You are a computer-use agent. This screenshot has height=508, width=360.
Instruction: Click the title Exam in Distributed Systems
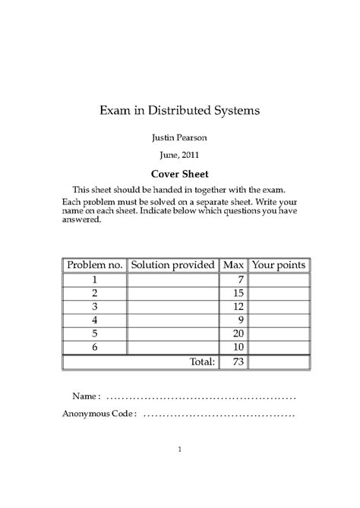pyautogui.click(x=180, y=110)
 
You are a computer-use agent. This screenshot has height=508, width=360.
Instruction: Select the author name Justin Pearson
pyautogui.click(x=180, y=138)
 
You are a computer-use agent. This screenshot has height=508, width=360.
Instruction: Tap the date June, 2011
pyautogui.click(x=180, y=155)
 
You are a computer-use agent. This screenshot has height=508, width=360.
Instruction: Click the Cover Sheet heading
pyautogui.click(x=180, y=173)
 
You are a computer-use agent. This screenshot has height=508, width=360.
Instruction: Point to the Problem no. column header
pyautogui.click(x=94, y=265)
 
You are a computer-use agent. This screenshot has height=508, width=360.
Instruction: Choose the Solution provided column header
pyautogui.click(x=172, y=265)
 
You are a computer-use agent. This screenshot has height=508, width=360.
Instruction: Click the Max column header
pyautogui.click(x=233, y=265)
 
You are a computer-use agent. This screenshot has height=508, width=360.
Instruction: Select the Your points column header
pyautogui.click(x=279, y=265)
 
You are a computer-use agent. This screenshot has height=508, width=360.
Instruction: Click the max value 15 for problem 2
pyautogui.click(x=237, y=293)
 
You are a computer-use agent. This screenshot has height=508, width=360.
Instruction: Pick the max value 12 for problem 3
pyautogui.click(x=237, y=306)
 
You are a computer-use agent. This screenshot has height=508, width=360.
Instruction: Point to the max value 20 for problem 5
pyautogui.click(x=237, y=333)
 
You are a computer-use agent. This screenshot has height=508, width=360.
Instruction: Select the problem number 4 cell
pyautogui.click(x=94, y=320)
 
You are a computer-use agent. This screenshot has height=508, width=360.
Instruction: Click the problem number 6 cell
pyautogui.click(x=94, y=347)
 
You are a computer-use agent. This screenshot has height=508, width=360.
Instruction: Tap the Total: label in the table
pyautogui.click(x=201, y=362)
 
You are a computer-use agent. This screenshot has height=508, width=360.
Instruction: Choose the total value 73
pyautogui.click(x=237, y=362)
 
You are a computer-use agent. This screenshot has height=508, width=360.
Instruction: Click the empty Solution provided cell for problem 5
pyautogui.click(x=172, y=333)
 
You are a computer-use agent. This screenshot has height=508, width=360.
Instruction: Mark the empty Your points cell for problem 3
pyautogui.click(x=279, y=306)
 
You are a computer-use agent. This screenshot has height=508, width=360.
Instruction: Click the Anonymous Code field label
pyautogui.click(x=99, y=415)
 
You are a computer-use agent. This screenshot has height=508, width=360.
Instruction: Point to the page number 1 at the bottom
pyautogui.click(x=180, y=450)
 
